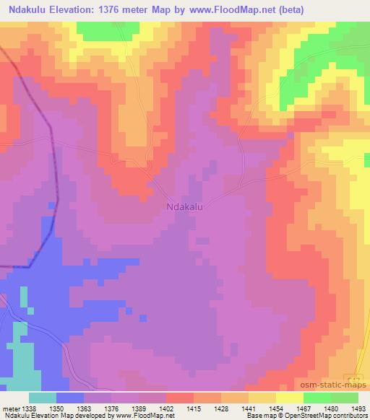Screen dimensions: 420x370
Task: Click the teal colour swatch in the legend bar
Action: (43, 398)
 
